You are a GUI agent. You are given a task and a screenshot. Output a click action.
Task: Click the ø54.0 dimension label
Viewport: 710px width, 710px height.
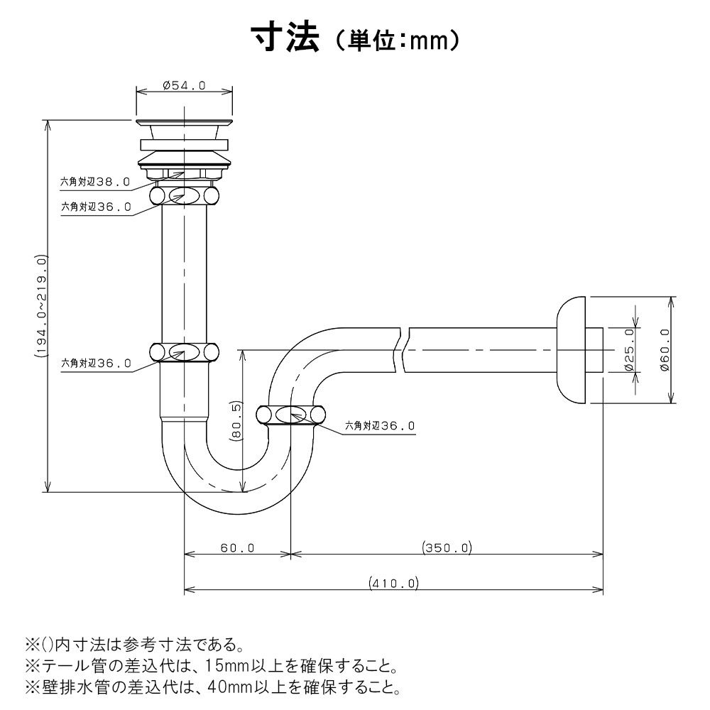(x=184, y=85)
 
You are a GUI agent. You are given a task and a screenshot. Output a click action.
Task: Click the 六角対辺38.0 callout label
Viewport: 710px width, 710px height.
(x=95, y=182)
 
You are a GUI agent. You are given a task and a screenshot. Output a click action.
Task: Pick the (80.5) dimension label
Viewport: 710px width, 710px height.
(x=236, y=421)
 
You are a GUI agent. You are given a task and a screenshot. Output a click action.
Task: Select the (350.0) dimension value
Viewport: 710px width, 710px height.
(x=447, y=548)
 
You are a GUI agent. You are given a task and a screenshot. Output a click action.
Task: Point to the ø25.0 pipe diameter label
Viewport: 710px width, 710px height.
(x=628, y=350)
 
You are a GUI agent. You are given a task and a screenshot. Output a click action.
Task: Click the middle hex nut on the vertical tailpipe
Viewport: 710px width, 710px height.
(x=184, y=351)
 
